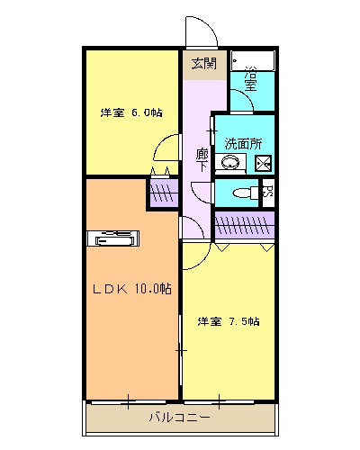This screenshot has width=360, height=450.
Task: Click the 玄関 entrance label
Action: pyautogui.click(x=203, y=63)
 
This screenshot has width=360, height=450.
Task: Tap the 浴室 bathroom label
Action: pyautogui.click(x=251, y=80)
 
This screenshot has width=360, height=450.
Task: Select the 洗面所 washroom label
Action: pyautogui.click(x=243, y=142)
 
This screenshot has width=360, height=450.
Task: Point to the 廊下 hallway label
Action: pyautogui.click(x=202, y=158)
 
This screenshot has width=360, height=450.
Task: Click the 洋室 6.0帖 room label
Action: pyautogui.click(x=131, y=112)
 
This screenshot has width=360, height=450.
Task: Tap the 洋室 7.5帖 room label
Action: pyautogui.click(x=229, y=321)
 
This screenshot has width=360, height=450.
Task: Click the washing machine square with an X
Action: pyautogui.click(x=263, y=164)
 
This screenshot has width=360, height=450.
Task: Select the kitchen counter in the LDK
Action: pyautogui.click(x=114, y=238)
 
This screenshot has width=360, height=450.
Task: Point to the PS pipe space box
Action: pyautogui.click(x=267, y=192)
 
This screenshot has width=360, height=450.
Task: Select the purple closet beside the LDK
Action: pyautogui.click(x=163, y=193)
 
